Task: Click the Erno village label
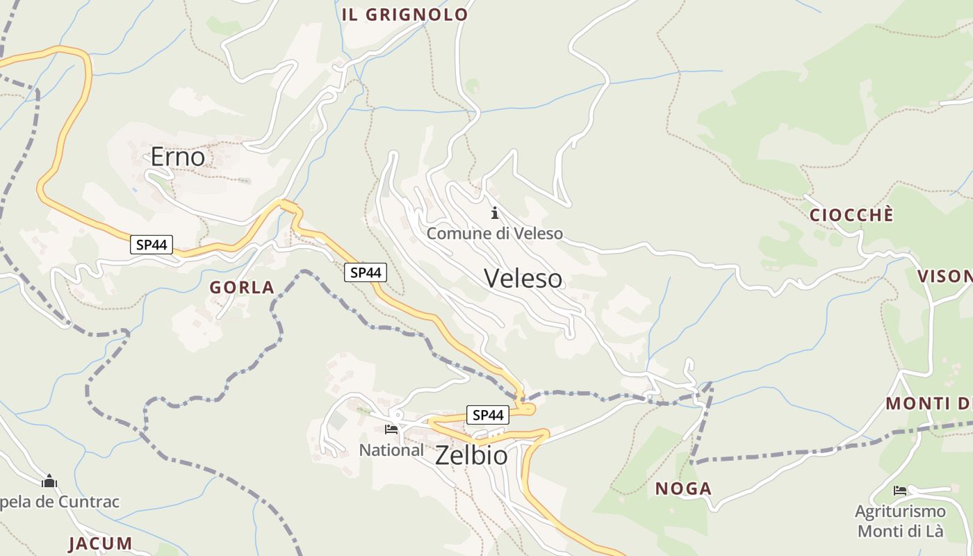coord(178,157)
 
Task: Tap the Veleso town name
coord(523,279)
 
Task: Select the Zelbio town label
coord(471,456)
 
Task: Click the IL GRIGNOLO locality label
coord(405,15)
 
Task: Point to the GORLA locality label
coord(242,288)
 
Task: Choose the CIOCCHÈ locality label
coord(851,215)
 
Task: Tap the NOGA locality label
coord(683,489)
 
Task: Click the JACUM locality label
coord(100,543)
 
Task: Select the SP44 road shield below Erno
coord(152,245)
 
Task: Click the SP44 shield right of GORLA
coord(366,272)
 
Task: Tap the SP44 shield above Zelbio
coord(487,415)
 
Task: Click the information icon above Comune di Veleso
coord(495,213)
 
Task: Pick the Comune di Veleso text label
coord(495,234)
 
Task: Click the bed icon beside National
coord(391,430)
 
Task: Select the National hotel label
coord(391,450)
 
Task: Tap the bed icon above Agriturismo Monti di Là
coord(900,491)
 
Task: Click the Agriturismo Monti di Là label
coord(900,521)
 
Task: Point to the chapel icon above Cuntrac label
coord(49,481)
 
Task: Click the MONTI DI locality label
coord(929,404)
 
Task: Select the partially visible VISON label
coord(945,277)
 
